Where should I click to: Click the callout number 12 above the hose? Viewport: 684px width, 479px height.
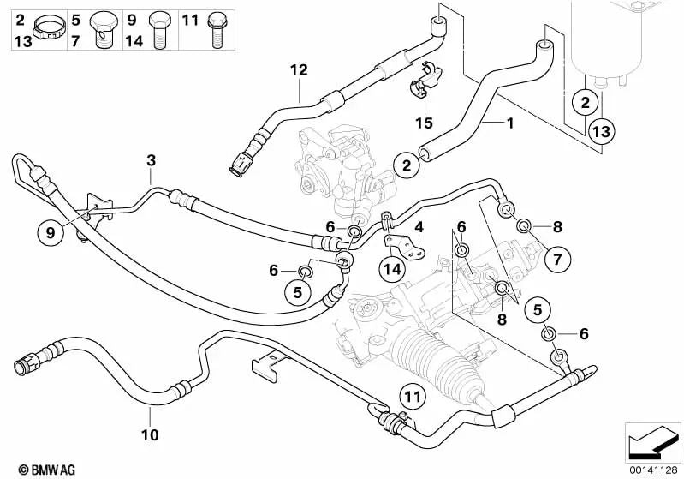tap(297, 71)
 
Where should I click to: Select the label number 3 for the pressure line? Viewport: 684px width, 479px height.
tap(151, 159)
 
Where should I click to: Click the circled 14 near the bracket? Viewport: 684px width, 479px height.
tap(392, 269)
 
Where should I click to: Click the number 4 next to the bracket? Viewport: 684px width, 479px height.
tap(419, 226)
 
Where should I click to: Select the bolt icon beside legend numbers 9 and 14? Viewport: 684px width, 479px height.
tap(158, 29)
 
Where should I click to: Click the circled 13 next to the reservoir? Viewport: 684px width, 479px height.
tap(601, 131)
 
